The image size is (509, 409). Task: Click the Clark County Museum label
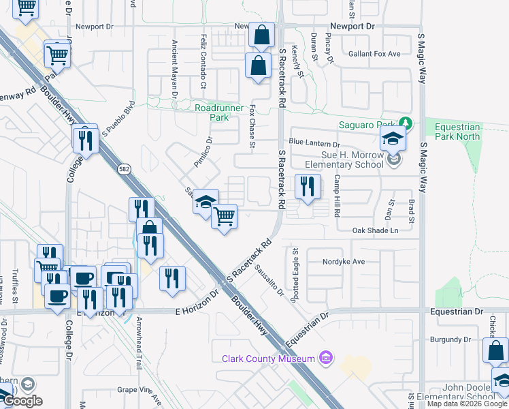(267, 359)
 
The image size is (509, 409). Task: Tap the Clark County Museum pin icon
(326, 358)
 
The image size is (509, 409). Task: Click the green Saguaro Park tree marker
(406, 123)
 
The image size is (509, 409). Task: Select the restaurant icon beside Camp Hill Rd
(308, 186)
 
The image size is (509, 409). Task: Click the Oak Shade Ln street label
(375, 230)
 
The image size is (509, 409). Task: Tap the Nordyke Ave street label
(346, 262)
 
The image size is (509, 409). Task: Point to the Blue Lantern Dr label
(314, 143)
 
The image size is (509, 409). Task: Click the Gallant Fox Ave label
(374, 53)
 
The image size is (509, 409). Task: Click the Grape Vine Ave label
(138, 390)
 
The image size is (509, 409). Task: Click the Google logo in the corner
(22, 401)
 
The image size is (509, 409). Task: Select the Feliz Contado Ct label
(203, 61)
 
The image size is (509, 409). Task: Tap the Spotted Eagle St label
(296, 267)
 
